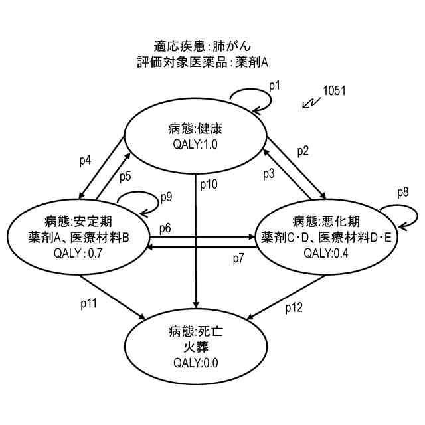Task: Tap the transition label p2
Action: pyautogui.click(x=303, y=151)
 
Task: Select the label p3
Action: pyautogui.click(x=268, y=174)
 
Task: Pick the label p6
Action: pyautogui.click(x=165, y=228)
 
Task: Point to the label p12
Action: pyautogui.click(x=295, y=307)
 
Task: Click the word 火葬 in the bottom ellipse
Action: pyautogui.click(x=195, y=347)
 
